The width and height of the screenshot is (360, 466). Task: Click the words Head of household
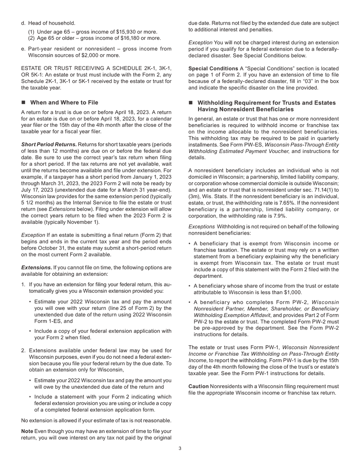[52, 23]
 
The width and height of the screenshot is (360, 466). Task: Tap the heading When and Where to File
[64, 103]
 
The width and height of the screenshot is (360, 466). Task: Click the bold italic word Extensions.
[36, 268]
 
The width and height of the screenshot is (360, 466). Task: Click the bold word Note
[27, 432]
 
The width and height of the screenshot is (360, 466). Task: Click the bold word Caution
[199, 386]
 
